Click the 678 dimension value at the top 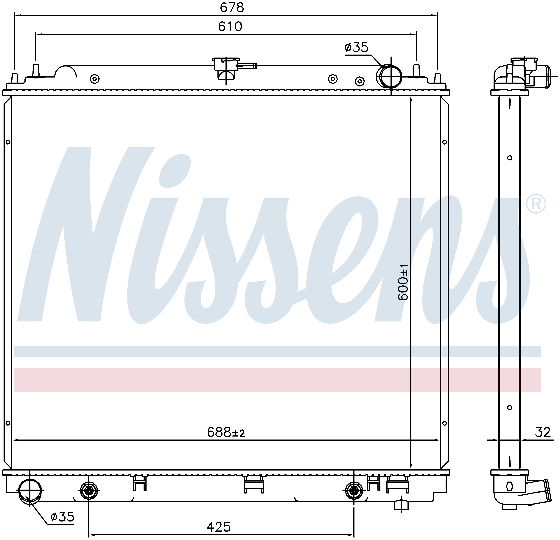232,8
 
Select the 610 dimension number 230,26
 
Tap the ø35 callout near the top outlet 356,47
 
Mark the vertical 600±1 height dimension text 403,282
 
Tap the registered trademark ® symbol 536,204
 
